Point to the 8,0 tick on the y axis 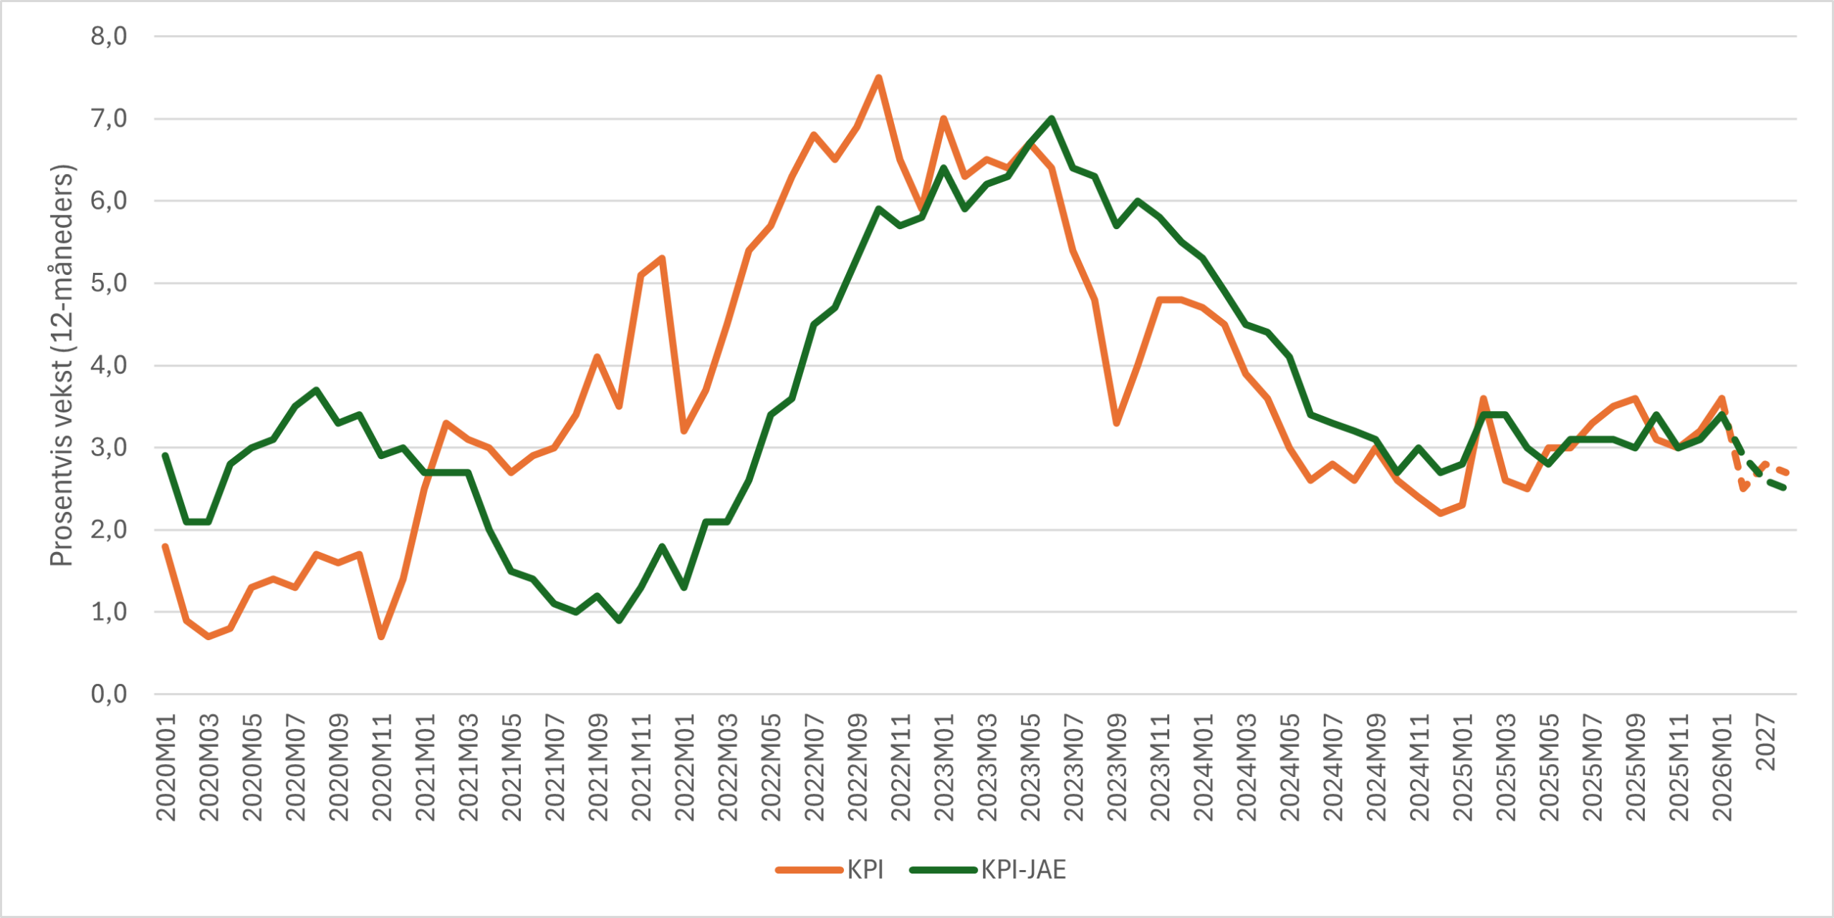[x=109, y=36]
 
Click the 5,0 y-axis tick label [x=109, y=283]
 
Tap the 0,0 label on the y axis [x=109, y=694]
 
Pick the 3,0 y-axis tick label [x=109, y=448]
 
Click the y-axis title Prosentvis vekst [x=62, y=365]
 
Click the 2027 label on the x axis [x=1766, y=742]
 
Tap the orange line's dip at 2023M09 [x=1116, y=423]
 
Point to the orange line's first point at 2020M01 [x=165, y=546]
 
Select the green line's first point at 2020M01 [x=165, y=455]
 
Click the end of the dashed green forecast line [x=1787, y=488]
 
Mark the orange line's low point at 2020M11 [x=381, y=637]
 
